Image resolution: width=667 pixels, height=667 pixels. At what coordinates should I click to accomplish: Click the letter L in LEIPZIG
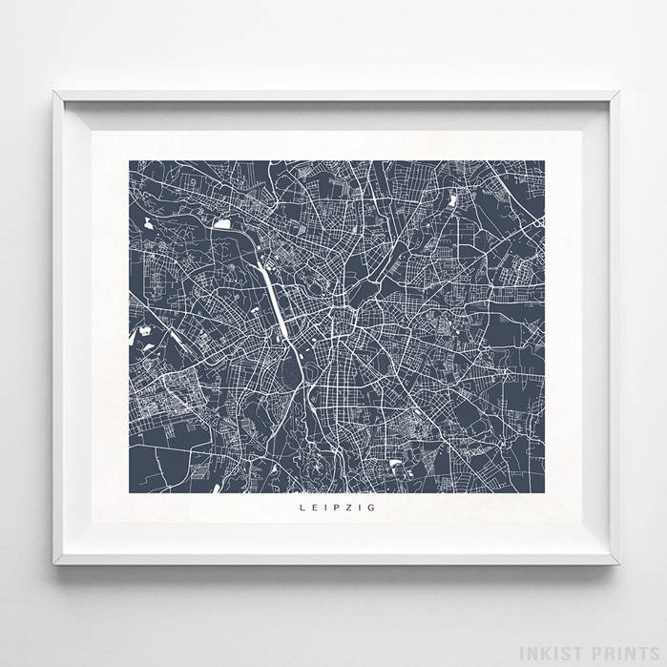302,507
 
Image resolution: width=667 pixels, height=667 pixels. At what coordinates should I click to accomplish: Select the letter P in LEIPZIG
336,507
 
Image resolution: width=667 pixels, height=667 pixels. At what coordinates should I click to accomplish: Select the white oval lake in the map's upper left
223,224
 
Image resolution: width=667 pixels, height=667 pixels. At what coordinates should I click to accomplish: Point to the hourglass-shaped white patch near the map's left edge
145,332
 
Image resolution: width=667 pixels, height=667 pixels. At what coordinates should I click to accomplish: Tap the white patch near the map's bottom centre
395,462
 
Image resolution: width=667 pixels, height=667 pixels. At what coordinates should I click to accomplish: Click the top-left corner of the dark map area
129,161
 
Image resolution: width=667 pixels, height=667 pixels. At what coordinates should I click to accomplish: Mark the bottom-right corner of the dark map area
545,493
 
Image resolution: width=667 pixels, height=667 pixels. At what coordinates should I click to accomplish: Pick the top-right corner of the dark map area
545,161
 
